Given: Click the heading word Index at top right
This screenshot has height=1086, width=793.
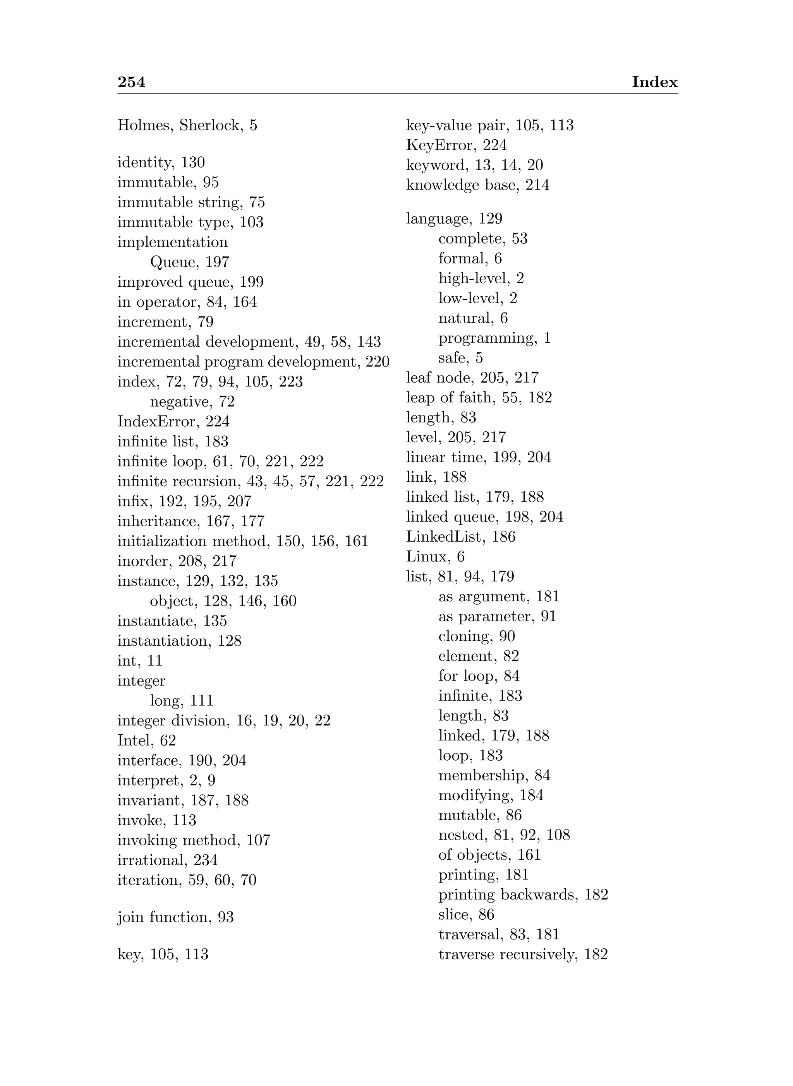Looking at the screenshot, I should click(x=654, y=82).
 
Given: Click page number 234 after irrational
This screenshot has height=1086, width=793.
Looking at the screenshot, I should click(x=206, y=860).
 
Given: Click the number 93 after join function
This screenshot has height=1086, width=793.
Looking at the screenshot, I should click(x=226, y=917).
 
